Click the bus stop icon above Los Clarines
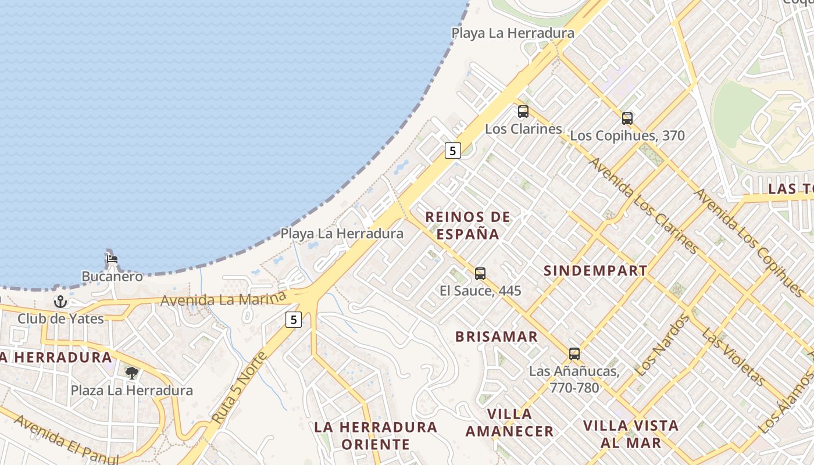pyautogui.click(x=523, y=112)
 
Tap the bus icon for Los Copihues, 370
pyautogui.click(x=627, y=119)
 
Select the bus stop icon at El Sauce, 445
pyautogui.click(x=480, y=273)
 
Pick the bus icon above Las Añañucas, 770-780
pyautogui.click(x=574, y=353)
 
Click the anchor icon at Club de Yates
pyautogui.click(x=60, y=302)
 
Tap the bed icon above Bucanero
pyautogui.click(x=112, y=259)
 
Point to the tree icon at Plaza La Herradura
pyautogui.click(x=132, y=373)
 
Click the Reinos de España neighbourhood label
pyautogui.click(x=468, y=226)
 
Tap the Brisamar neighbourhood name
pyautogui.click(x=497, y=337)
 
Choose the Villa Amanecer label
pyautogui.click(x=510, y=423)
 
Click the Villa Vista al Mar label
pyautogui.click(x=631, y=434)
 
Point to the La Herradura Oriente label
pyautogui.click(x=376, y=435)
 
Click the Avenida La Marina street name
pyautogui.click(x=224, y=300)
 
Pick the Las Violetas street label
pyautogui.click(x=733, y=357)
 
